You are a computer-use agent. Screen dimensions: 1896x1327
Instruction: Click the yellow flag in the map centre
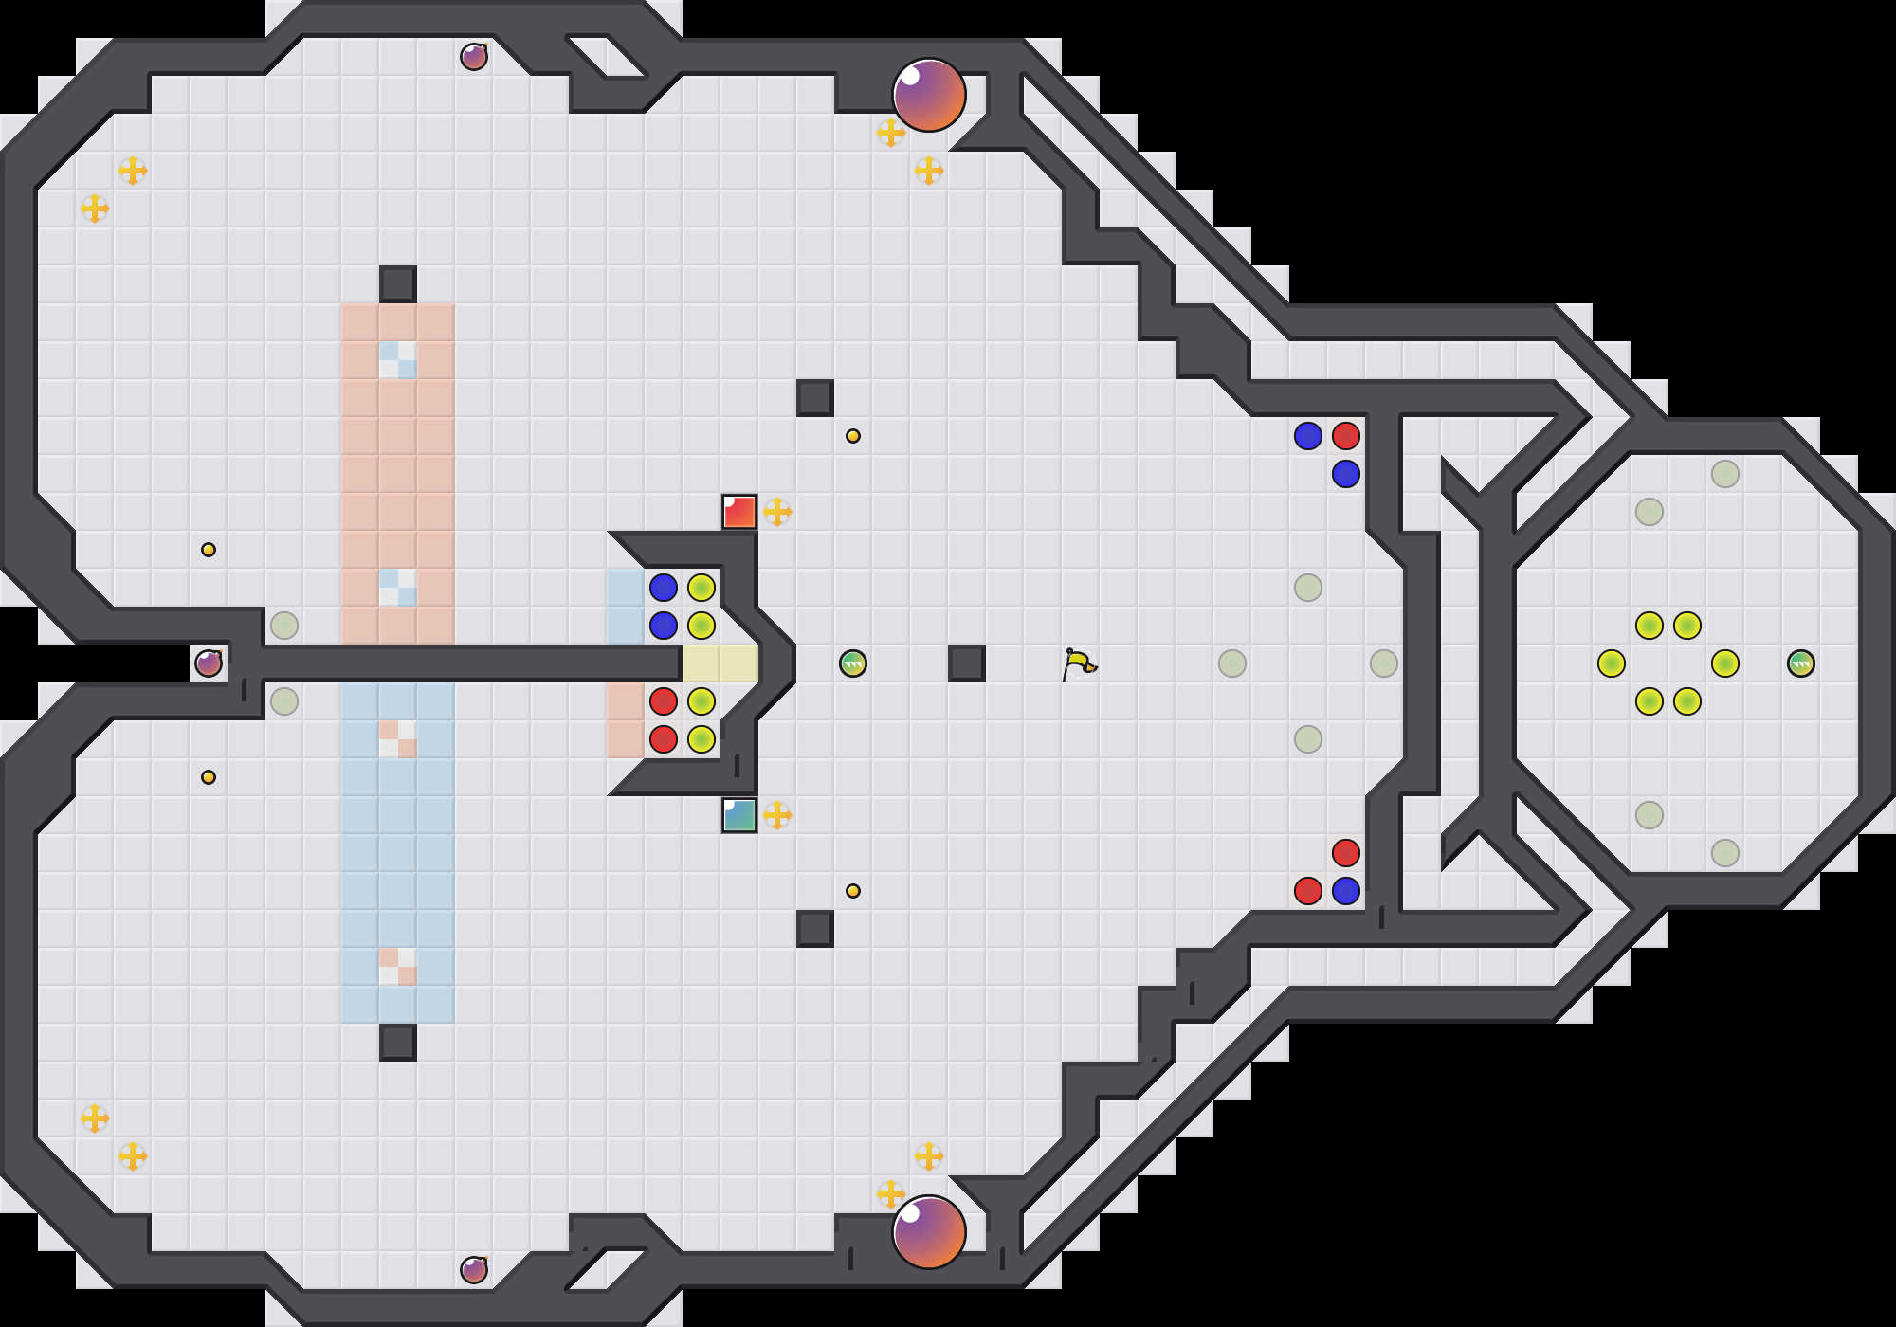click(x=1078, y=663)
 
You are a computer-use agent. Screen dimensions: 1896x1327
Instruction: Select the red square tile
click(x=739, y=512)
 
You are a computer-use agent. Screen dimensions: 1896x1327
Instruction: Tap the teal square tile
click(x=739, y=815)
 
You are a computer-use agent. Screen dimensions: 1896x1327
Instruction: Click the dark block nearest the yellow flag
click(x=967, y=663)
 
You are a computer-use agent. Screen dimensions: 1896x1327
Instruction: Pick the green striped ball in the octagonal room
click(x=1801, y=663)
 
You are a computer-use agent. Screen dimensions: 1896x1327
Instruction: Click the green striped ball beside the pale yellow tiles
click(x=853, y=663)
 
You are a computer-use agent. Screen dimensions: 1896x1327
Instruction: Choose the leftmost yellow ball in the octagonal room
click(x=1612, y=663)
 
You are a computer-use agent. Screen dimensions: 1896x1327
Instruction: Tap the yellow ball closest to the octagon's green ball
click(x=1725, y=663)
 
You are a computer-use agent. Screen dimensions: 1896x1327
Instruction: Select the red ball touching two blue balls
click(x=1346, y=436)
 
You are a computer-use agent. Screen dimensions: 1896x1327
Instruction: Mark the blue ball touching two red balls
click(x=1346, y=891)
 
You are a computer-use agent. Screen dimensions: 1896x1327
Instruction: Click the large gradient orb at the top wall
click(x=929, y=95)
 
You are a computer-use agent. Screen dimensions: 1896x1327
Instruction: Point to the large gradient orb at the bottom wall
click(x=929, y=1232)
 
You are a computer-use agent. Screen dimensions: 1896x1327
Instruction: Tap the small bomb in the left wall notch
click(x=209, y=663)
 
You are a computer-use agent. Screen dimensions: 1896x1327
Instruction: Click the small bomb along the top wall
click(x=474, y=57)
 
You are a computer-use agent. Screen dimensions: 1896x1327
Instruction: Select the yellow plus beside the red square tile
click(x=777, y=512)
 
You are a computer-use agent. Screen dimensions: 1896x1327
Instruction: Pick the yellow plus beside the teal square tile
click(x=777, y=815)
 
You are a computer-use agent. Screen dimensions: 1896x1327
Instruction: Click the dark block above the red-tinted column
click(x=398, y=284)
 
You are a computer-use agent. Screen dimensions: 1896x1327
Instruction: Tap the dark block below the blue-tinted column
click(x=398, y=1043)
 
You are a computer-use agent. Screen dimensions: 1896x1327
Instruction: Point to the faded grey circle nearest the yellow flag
click(x=1232, y=663)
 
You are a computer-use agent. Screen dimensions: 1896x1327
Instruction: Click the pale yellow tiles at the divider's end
click(x=720, y=663)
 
